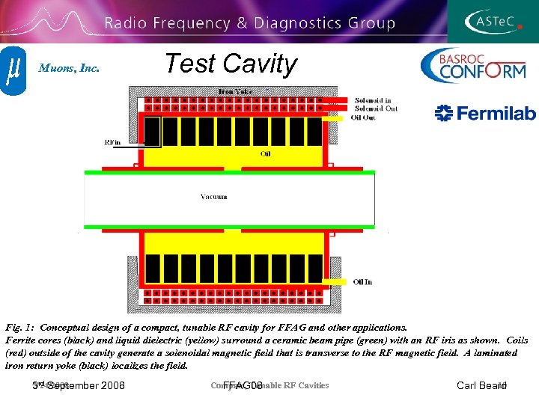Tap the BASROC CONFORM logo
coord(472,66)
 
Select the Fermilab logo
coord(486,113)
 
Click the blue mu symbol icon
coord(13,70)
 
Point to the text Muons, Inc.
coord(69,68)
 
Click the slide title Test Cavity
coord(231,64)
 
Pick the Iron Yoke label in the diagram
coord(236,91)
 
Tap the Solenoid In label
coord(372,100)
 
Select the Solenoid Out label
coord(375,108)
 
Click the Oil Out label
coord(363,117)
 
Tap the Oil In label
coord(362,282)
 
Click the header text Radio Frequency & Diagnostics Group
coord(249,23)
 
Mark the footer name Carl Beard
coord(481,386)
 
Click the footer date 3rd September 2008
coord(79,386)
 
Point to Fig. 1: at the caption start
coord(20,328)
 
